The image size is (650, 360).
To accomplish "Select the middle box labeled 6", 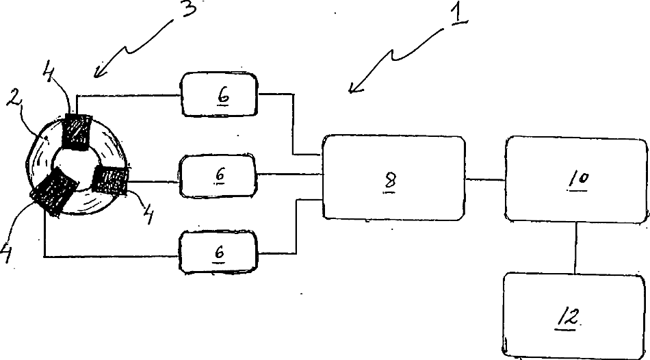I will [218, 175].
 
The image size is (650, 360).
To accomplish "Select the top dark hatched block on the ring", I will [77, 131].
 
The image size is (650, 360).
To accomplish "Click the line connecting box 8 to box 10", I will [485, 179].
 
